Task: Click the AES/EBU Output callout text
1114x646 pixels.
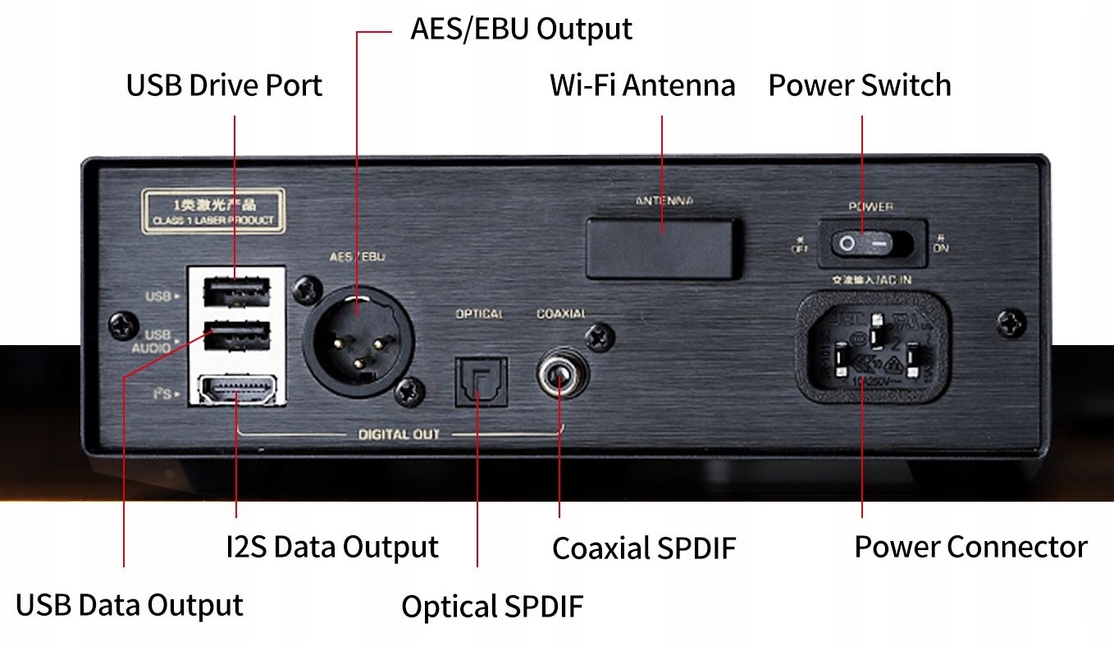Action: click(x=521, y=30)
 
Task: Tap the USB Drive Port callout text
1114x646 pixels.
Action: click(x=224, y=85)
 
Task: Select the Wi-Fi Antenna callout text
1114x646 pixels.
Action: click(x=642, y=85)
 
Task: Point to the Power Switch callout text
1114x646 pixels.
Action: click(x=859, y=85)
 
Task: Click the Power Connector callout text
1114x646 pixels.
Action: click(x=970, y=547)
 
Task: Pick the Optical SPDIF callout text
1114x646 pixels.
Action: click(x=491, y=607)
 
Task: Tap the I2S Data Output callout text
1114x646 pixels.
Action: click(x=331, y=547)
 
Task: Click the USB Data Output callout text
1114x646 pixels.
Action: click(x=130, y=606)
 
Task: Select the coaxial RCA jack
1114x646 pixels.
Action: click(x=559, y=376)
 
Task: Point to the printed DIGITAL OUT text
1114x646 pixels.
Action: click(x=399, y=434)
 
